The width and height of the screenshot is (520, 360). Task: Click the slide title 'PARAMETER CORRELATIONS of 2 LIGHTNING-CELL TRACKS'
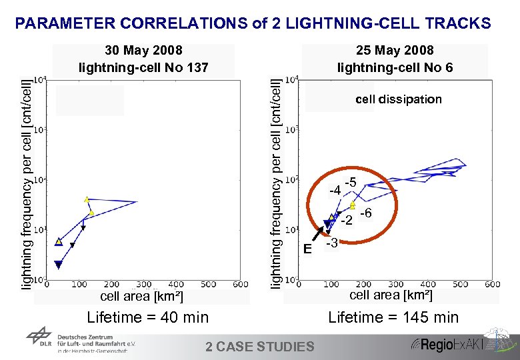point(253,24)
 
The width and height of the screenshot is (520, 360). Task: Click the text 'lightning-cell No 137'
point(143,67)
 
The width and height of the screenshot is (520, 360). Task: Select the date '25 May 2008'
point(395,51)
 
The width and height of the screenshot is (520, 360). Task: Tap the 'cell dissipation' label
point(398,99)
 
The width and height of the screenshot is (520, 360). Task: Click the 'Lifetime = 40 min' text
point(147,317)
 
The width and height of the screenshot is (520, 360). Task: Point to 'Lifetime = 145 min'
point(393,317)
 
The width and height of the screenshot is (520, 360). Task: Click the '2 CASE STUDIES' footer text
point(259,346)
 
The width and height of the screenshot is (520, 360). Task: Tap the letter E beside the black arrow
point(307,249)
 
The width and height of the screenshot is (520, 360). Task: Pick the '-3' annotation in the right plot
point(331,244)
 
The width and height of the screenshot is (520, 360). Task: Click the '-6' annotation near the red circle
point(365,214)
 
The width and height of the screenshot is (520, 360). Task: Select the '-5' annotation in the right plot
point(350,183)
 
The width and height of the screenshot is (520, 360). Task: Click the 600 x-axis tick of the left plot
point(239,285)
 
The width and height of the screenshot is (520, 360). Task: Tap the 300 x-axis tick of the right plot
point(395,285)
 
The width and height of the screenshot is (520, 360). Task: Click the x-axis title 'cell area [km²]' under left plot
point(141,296)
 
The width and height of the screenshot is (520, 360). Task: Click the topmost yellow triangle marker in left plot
point(87,199)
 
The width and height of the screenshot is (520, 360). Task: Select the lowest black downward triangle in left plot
point(58,265)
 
